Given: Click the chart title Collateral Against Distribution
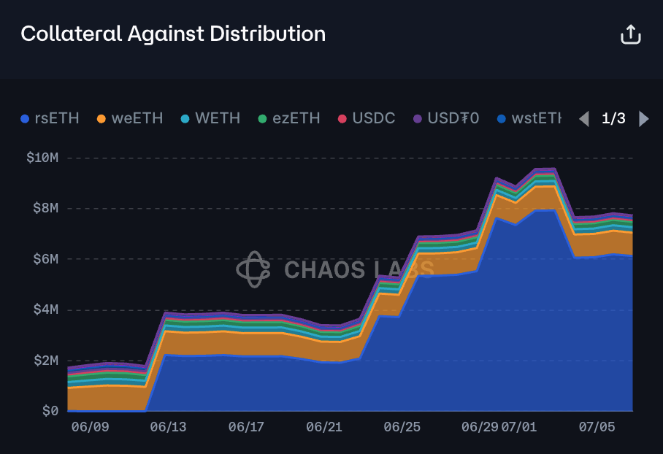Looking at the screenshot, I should click(173, 34).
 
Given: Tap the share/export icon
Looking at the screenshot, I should click(630, 34).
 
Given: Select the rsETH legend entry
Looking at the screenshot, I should click(50, 118).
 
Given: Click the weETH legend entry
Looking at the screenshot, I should click(130, 118).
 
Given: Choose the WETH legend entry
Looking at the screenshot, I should click(210, 118).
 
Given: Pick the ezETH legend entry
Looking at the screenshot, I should click(290, 118).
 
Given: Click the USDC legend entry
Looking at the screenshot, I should click(367, 118).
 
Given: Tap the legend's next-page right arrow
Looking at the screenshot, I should click(643, 118).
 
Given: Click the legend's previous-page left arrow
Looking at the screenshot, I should click(583, 118).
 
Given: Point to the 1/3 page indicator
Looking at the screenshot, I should click(613, 118).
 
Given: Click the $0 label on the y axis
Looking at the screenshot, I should click(50, 411).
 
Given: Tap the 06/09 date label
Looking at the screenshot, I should click(90, 426).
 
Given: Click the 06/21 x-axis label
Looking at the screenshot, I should click(324, 426).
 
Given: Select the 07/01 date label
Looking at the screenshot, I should click(519, 426).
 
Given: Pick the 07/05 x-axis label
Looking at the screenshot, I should click(597, 426).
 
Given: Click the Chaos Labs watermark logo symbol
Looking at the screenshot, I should click(253, 269).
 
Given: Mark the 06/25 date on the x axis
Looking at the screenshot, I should click(402, 426).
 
